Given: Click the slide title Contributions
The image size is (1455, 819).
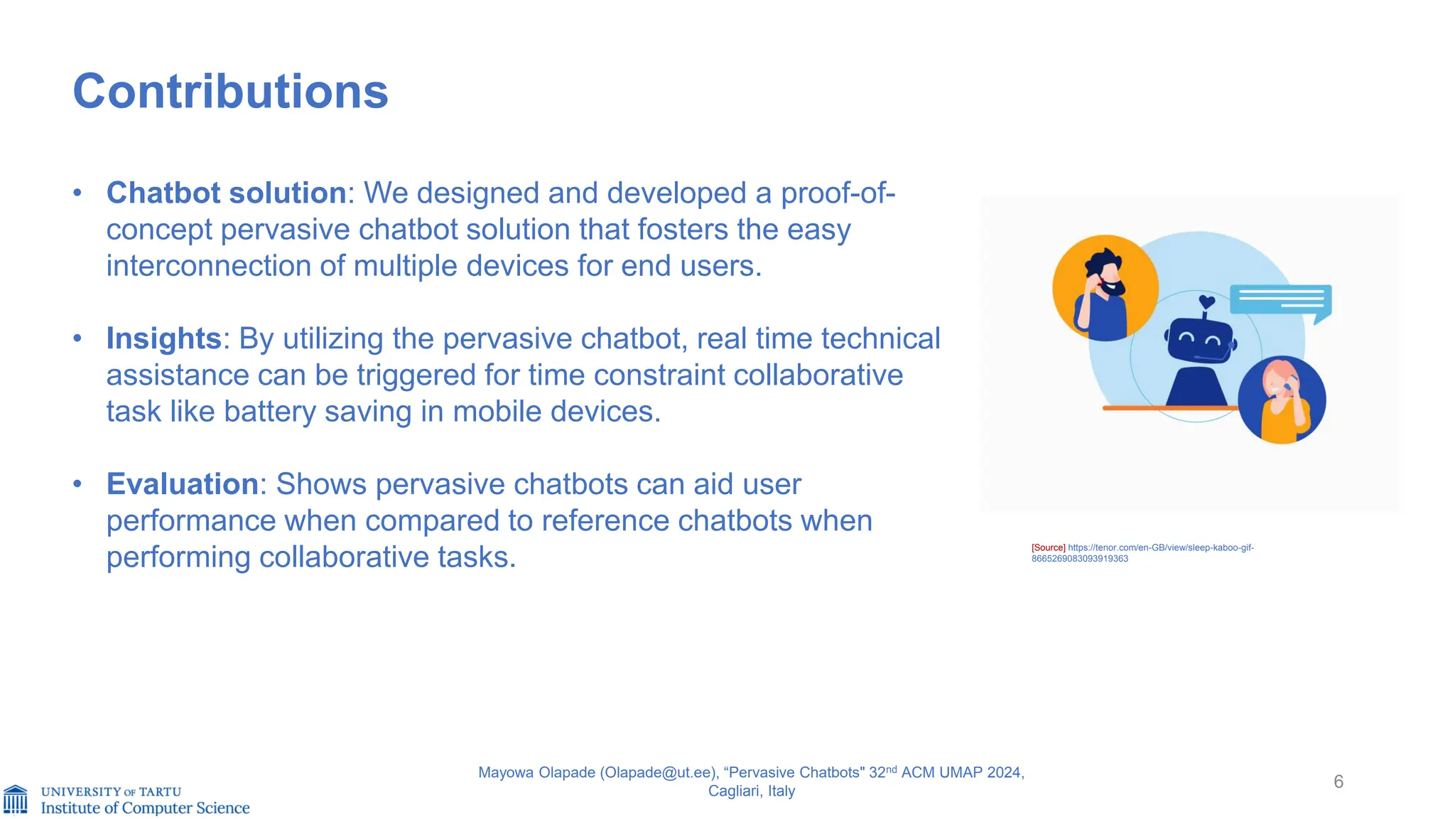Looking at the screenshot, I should click(230, 92).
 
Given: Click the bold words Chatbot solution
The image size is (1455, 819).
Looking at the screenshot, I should click(226, 193).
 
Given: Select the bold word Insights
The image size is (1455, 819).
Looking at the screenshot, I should click(164, 338).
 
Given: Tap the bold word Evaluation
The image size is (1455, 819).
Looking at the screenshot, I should click(182, 484).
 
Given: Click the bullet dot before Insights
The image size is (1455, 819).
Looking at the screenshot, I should click(77, 338).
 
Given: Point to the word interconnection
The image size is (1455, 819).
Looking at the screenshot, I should click(208, 266).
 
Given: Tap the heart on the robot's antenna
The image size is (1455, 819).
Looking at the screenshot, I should click(1206, 301).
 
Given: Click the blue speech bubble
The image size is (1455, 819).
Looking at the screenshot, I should click(1280, 299).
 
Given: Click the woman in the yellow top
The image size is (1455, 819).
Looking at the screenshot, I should click(1282, 400).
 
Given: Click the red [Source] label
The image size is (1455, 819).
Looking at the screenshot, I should click(1048, 547).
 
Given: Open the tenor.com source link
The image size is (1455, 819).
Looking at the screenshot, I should click(1160, 547).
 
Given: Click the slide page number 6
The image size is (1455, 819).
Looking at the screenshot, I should click(1338, 781).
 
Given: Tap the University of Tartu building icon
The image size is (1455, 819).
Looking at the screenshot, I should click(16, 799).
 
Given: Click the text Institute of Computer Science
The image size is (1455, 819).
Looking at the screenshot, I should click(145, 808).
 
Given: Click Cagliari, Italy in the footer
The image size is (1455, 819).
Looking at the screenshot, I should click(751, 791).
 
